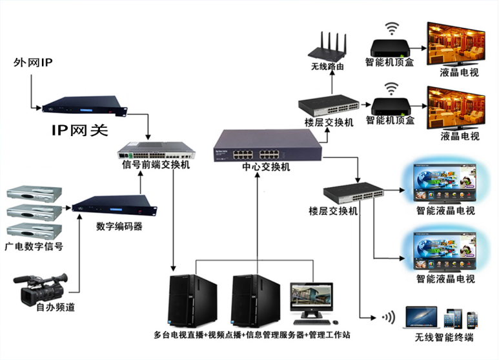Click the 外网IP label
tap(33, 63)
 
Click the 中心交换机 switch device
tap(267, 146)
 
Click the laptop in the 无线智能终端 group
tap(422, 318)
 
